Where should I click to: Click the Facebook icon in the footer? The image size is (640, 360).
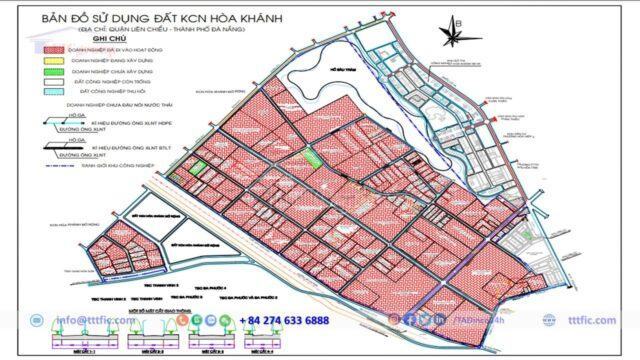tap(411, 320)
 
